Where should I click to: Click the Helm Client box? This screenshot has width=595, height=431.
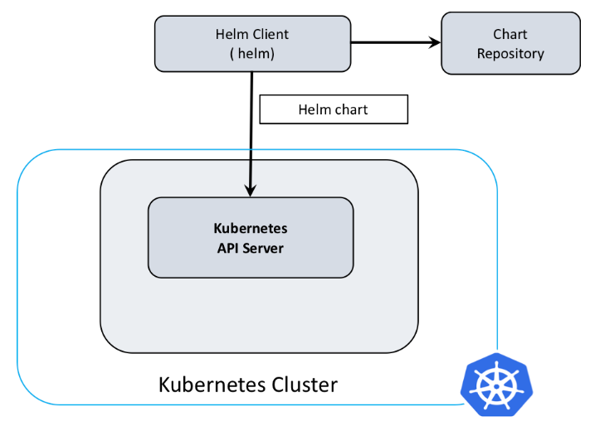click(x=251, y=43)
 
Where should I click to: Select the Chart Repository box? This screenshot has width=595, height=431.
click(x=510, y=43)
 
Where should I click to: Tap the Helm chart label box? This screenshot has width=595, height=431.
click(x=334, y=109)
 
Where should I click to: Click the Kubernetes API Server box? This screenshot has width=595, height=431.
click(x=250, y=237)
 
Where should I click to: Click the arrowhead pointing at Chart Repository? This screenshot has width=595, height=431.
click(x=434, y=43)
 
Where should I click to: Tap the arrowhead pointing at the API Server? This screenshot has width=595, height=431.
click(x=250, y=191)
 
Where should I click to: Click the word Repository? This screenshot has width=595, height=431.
click(x=510, y=54)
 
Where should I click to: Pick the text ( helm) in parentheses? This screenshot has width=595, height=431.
click(x=251, y=54)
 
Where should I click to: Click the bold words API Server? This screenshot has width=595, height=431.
click(x=250, y=247)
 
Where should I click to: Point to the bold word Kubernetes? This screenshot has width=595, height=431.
click(x=250, y=228)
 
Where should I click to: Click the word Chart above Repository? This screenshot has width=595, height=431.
click(x=510, y=34)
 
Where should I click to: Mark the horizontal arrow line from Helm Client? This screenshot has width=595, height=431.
click(x=390, y=43)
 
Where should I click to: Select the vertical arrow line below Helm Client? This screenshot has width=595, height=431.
click(x=250, y=133)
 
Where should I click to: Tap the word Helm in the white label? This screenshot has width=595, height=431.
click(x=315, y=109)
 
